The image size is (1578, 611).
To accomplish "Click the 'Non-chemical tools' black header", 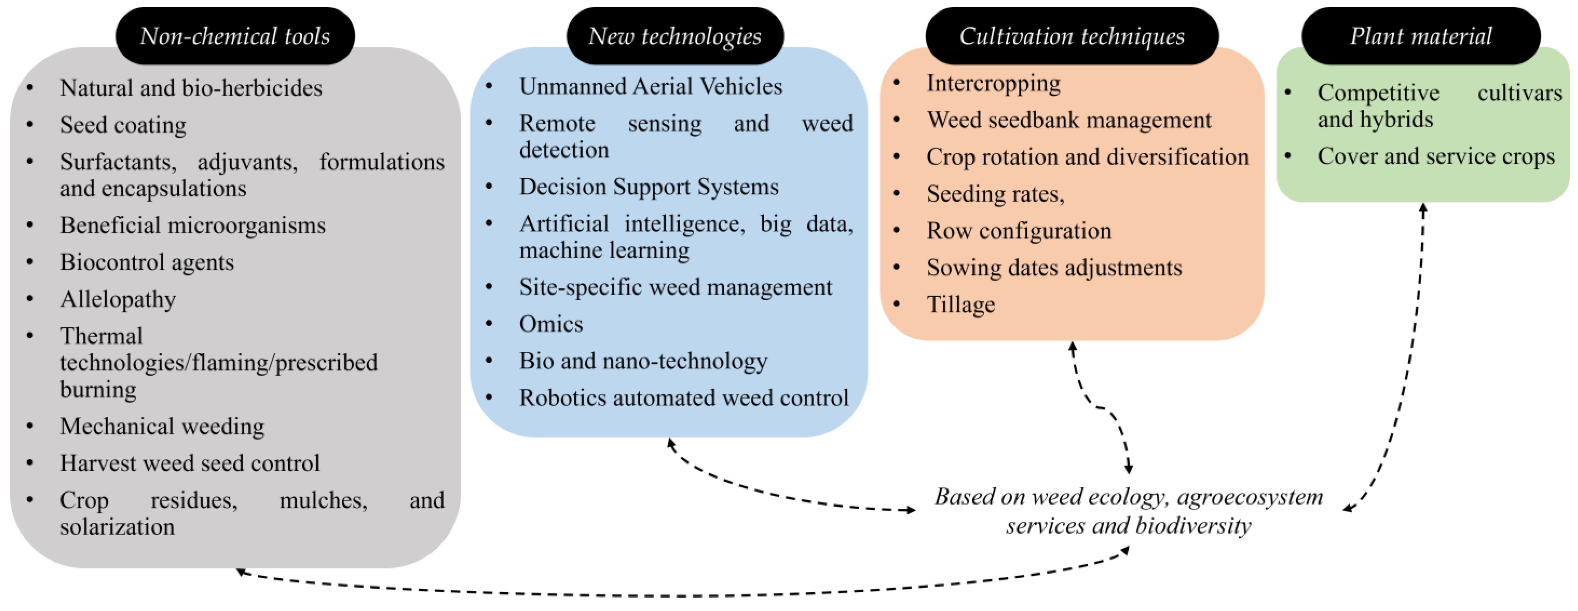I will [x=235, y=36].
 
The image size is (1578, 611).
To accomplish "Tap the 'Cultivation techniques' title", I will [x=1072, y=36].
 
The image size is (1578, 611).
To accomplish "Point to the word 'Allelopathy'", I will [x=118, y=299].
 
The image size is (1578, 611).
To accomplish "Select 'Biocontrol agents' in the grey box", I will [x=147, y=262].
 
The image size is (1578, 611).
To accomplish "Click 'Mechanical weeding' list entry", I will [x=162, y=426].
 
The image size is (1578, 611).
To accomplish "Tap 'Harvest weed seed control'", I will [x=190, y=463].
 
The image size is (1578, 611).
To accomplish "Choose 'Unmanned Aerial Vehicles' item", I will [x=651, y=86].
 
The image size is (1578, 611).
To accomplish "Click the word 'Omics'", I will [x=551, y=324].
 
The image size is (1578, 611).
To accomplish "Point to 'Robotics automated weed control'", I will [x=684, y=398].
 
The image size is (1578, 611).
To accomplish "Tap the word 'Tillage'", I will [x=960, y=305].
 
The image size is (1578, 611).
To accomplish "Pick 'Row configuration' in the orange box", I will [x=1019, y=231].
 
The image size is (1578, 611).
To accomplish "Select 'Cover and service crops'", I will [x=1436, y=156].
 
